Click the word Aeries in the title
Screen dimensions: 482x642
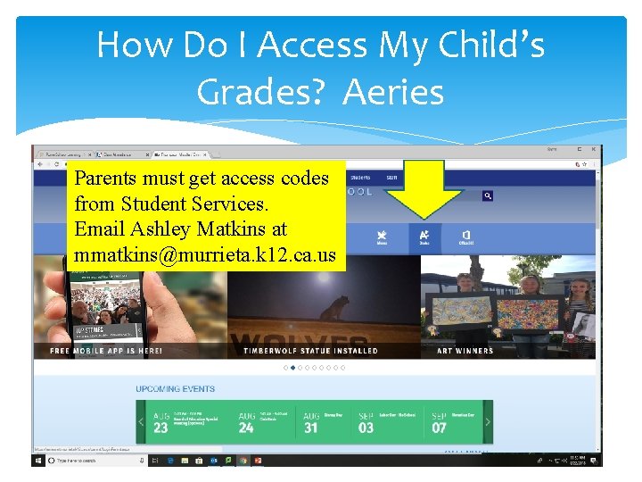(393, 91)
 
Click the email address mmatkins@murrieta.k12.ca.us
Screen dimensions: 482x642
(205, 256)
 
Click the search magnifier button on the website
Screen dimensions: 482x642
(488, 195)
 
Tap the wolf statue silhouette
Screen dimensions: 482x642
(334, 309)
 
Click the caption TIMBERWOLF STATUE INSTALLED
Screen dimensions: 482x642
(310, 351)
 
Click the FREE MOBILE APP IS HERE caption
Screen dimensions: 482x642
(106, 351)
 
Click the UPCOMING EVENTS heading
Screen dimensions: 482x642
(175, 389)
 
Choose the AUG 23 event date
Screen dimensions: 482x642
(161, 422)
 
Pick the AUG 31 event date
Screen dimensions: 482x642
(311, 422)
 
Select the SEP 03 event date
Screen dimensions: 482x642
(366, 422)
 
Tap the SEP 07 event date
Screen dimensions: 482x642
(440, 422)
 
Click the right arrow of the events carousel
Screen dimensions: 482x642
(487, 422)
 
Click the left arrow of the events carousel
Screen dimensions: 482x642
(141, 422)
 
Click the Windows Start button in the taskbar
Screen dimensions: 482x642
(39, 461)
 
